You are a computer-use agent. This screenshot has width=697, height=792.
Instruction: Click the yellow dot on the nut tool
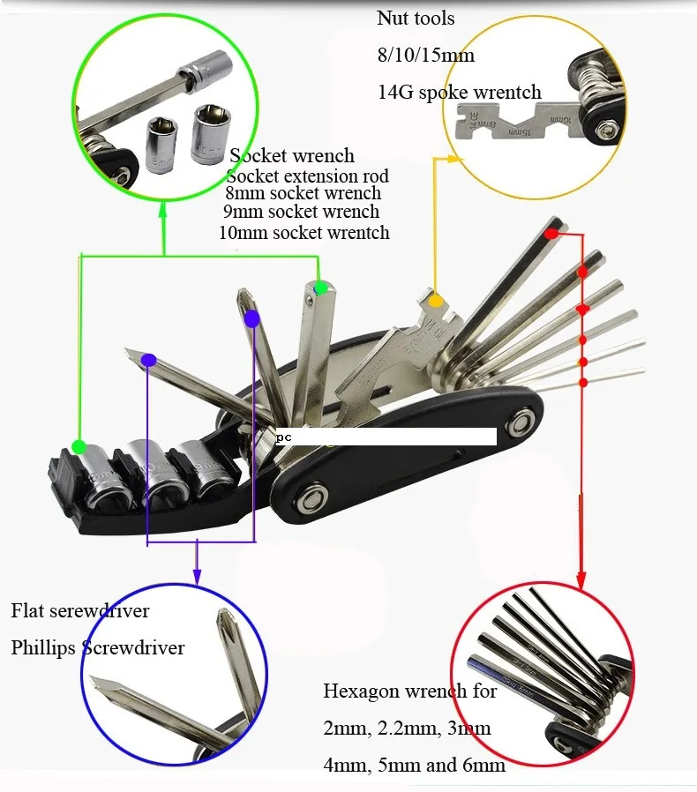pyautogui.click(x=436, y=301)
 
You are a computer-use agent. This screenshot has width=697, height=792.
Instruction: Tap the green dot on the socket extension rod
pyautogui.click(x=321, y=288)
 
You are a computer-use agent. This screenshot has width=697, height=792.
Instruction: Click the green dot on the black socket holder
pyautogui.click(x=79, y=446)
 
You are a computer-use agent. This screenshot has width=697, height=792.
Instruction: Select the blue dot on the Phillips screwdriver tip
pyautogui.click(x=252, y=318)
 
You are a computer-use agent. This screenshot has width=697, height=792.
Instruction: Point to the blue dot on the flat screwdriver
pyautogui.click(x=149, y=360)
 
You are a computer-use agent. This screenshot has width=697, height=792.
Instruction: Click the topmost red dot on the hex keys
pyautogui.click(x=551, y=234)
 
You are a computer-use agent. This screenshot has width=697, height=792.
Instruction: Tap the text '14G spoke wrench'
pyautogui.click(x=459, y=93)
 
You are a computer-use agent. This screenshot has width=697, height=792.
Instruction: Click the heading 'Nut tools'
pyautogui.click(x=416, y=19)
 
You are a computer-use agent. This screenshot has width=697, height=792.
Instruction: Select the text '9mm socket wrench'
pyautogui.click(x=302, y=212)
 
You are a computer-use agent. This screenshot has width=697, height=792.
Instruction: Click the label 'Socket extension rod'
pyautogui.click(x=307, y=176)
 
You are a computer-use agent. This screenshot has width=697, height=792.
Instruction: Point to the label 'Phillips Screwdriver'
pyautogui.click(x=98, y=648)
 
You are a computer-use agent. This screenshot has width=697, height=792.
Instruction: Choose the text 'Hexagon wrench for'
pyautogui.click(x=410, y=691)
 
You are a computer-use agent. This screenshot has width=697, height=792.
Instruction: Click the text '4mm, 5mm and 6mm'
pyautogui.click(x=414, y=766)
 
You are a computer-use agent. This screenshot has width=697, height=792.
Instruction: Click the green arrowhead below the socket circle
pyautogui.click(x=165, y=207)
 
